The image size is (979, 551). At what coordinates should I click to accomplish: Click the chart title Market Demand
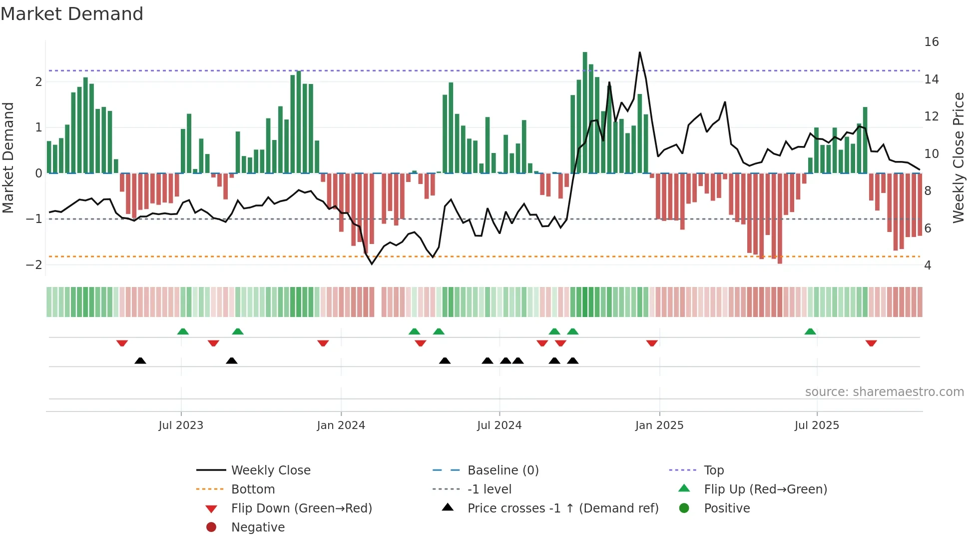(72, 14)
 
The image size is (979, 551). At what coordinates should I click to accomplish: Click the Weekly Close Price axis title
(958, 157)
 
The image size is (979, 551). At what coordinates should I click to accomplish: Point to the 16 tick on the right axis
(931, 42)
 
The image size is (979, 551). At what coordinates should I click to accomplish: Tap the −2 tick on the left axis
(34, 264)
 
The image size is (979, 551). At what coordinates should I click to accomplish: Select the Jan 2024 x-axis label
(341, 425)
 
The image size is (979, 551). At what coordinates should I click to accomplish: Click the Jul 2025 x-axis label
(817, 425)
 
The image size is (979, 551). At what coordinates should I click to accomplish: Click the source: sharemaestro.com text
(884, 392)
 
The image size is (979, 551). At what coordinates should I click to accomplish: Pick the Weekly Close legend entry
(270, 470)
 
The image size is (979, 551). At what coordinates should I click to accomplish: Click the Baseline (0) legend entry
(502, 470)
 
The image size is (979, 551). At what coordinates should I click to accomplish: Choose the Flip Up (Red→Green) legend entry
(765, 489)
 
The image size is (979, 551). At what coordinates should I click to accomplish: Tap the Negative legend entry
(258, 527)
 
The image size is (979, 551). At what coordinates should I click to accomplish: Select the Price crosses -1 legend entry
(562, 508)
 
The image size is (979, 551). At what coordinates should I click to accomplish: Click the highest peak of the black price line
(639, 52)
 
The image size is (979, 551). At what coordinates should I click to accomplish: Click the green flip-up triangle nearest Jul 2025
(810, 331)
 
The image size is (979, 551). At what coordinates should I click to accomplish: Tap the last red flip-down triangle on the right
(871, 343)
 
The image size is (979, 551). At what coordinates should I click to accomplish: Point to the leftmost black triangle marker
(140, 360)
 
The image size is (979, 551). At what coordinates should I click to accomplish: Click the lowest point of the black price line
(372, 264)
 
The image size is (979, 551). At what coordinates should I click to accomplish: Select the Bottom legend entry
(253, 489)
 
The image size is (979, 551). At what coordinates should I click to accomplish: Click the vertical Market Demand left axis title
(8, 157)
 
